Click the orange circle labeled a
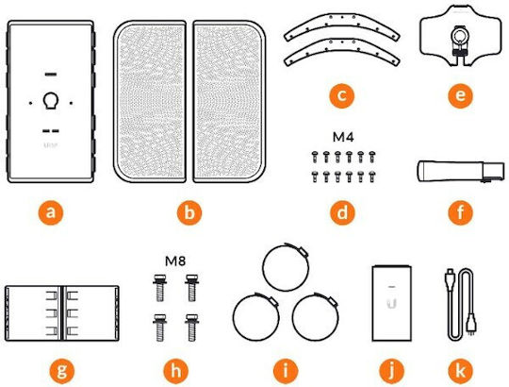tap(50, 212)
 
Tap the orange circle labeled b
tap(189, 212)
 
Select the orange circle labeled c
tap(341, 95)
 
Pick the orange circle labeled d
tap(343, 212)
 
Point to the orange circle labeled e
tap(460, 95)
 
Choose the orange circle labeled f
tap(460, 212)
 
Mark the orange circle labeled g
tap(61, 371)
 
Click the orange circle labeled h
tap(175, 371)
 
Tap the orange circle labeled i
tap(286, 371)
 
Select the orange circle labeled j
tap(392, 371)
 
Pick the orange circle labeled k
tap(460, 371)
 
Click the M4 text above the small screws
tap(343, 138)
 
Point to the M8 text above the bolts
tap(175, 261)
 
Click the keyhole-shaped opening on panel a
tap(51, 101)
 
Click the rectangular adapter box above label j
tap(392, 303)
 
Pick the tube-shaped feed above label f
tap(461, 172)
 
